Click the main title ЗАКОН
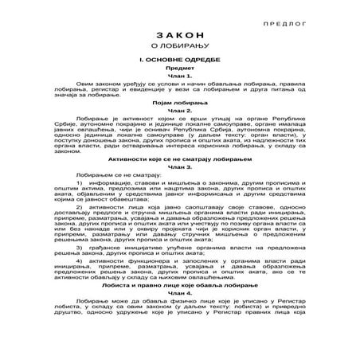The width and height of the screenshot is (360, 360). tap(179, 59)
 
